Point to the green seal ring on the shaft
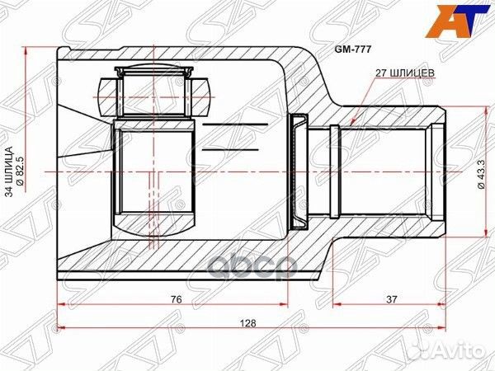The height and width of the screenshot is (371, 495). tap(299, 170)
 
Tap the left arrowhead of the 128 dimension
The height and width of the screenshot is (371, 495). tap(59, 335)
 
